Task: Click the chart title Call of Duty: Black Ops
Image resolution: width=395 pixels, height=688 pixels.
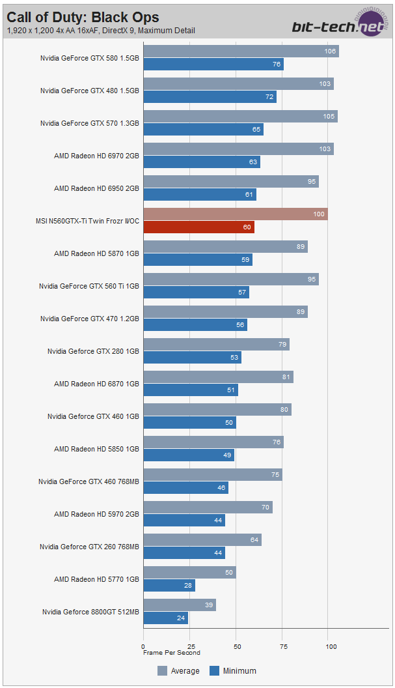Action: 83,17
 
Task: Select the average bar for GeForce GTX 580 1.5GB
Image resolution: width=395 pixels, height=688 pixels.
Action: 241,51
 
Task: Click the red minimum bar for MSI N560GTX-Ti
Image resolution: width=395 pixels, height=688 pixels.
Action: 198,227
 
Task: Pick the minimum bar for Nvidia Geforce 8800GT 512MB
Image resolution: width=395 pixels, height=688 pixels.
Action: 165,618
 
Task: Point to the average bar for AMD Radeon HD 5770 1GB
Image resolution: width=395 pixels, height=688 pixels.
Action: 189,573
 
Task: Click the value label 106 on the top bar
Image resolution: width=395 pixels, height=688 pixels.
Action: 330,51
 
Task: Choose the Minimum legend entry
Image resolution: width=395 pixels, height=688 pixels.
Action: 232,670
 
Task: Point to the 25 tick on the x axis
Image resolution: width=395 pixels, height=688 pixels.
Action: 189,646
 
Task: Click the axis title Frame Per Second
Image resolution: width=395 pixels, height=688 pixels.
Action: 172,652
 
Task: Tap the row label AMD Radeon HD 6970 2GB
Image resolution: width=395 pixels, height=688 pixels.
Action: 96,156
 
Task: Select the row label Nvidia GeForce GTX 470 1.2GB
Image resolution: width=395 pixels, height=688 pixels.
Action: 90,319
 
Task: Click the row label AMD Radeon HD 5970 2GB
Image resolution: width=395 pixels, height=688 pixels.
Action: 96,514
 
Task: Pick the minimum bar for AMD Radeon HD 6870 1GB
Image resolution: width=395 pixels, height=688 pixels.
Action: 191,390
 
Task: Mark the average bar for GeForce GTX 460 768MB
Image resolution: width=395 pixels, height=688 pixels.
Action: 212,475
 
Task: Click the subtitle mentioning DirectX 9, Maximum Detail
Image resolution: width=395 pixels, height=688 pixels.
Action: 101,31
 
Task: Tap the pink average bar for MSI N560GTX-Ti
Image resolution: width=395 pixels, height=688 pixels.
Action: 236,214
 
